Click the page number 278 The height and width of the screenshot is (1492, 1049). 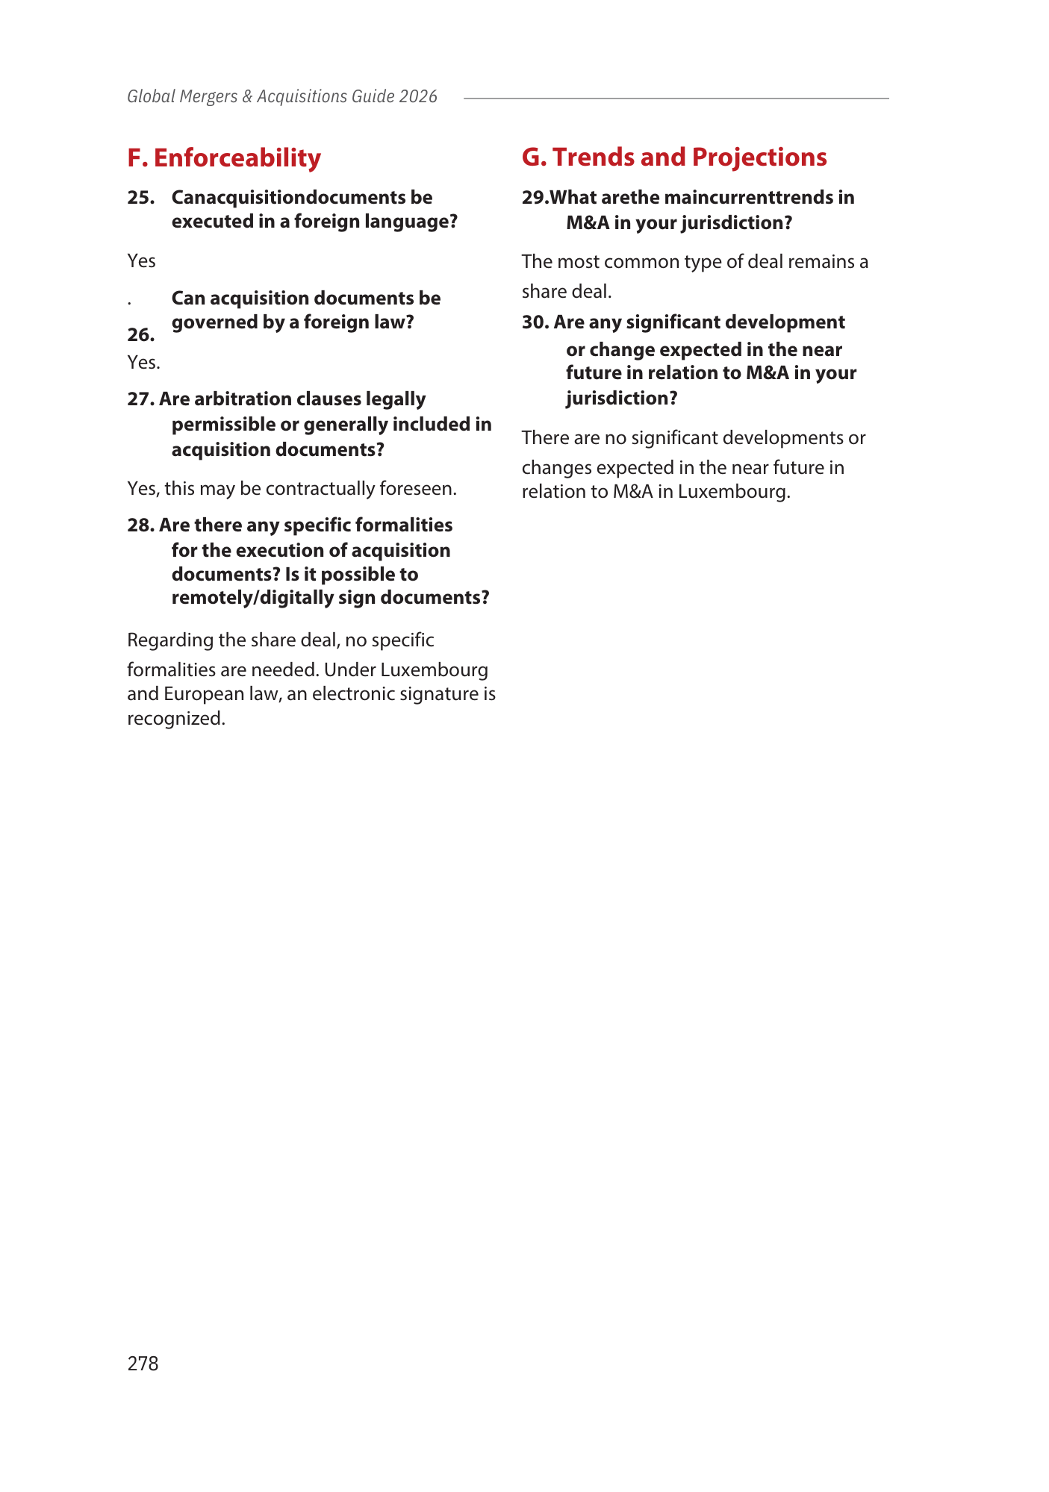pyautogui.click(x=143, y=1364)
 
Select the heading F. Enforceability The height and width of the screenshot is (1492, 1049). pyautogui.click(x=224, y=157)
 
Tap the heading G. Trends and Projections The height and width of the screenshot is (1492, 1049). pyautogui.click(x=674, y=157)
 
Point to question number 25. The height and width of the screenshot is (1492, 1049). pyautogui.click(x=140, y=198)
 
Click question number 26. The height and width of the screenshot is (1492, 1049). pyautogui.click(x=140, y=334)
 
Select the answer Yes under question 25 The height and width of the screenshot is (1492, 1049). pyautogui.click(x=141, y=260)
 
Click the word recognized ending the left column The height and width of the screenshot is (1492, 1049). pyautogui.click(x=176, y=718)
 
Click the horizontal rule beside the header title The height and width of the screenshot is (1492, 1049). pyautogui.click(x=676, y=98)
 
